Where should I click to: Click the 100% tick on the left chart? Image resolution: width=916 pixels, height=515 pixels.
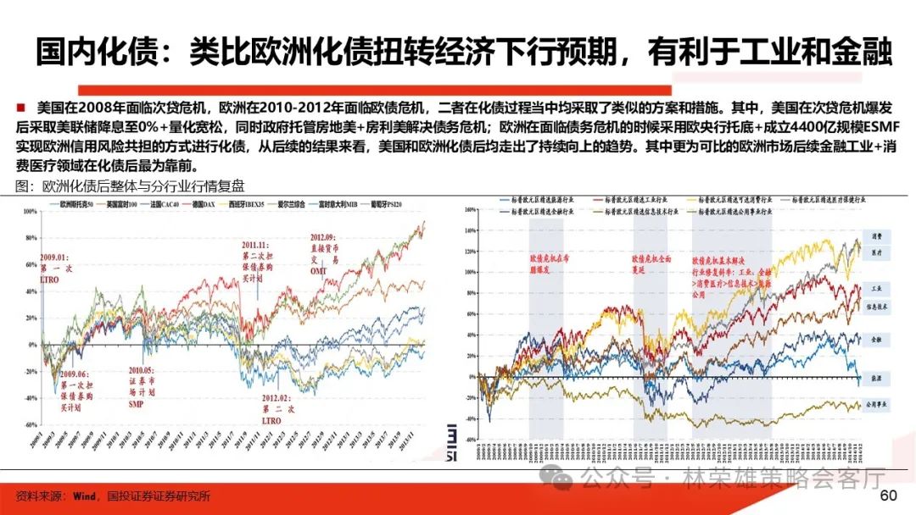click(31, 211)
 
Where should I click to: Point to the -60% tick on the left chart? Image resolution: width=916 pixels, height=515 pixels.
click(30, 424)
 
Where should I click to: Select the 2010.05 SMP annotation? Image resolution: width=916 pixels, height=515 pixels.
click(141, 387)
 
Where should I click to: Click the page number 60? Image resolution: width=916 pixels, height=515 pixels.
click(889, 496)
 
